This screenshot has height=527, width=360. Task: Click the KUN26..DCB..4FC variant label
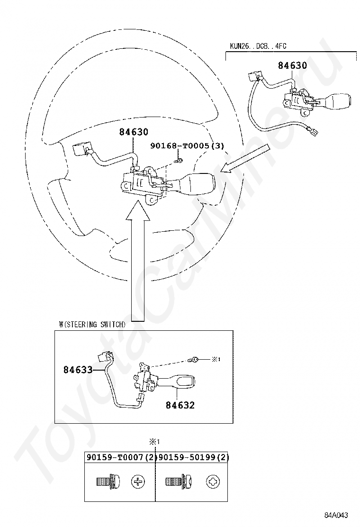pyautogui.click(x=258, y=46)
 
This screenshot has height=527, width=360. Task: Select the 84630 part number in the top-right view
pyautogui.click(x=292, y=65)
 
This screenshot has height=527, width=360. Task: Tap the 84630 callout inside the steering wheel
pyautogui.click(x=133, y=132)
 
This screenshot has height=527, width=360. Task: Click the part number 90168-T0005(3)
pyautogui.click(x=187, y=145)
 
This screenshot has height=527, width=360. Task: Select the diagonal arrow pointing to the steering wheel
pyautogui.click(x=245, y=158)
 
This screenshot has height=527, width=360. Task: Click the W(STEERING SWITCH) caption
pyautogui.click(x=92, y=324)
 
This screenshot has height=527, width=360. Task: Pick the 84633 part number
pyautogui.click(x=78, y=370)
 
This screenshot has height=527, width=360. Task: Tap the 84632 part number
pyautogui.click(x=180, y=405)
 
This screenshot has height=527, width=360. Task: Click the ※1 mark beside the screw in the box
pyautogui.click(x=216, y=359)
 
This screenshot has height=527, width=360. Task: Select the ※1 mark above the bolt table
pyautogui.click(x=155, y=442)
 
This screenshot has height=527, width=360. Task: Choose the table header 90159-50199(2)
pyautogui.click(x=194, y=457)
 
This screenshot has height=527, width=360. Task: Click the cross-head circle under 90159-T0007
pyautogui.click(x=138, y=482)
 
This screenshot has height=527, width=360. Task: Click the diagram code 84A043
pyautogui.click(x=336, y=515)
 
